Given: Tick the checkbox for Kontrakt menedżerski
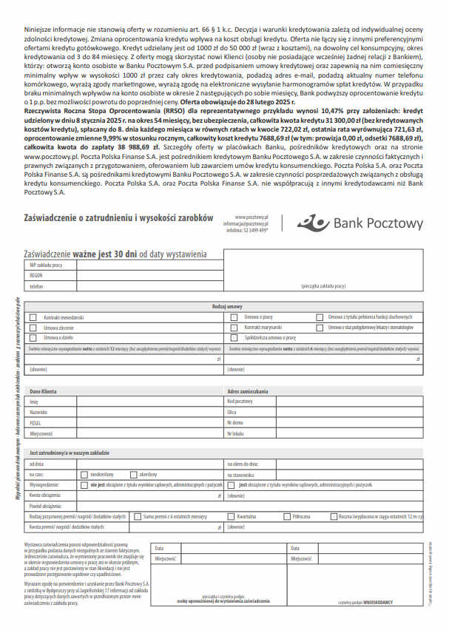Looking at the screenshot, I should pos(33,317).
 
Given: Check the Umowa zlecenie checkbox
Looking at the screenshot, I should pos(33,327).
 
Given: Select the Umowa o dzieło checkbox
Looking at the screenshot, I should pos(33,336).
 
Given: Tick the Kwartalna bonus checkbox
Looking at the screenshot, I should pos(232,516).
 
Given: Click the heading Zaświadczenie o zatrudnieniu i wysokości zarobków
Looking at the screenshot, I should pos(118,218).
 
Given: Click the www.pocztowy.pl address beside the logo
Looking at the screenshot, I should pos(251,216).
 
